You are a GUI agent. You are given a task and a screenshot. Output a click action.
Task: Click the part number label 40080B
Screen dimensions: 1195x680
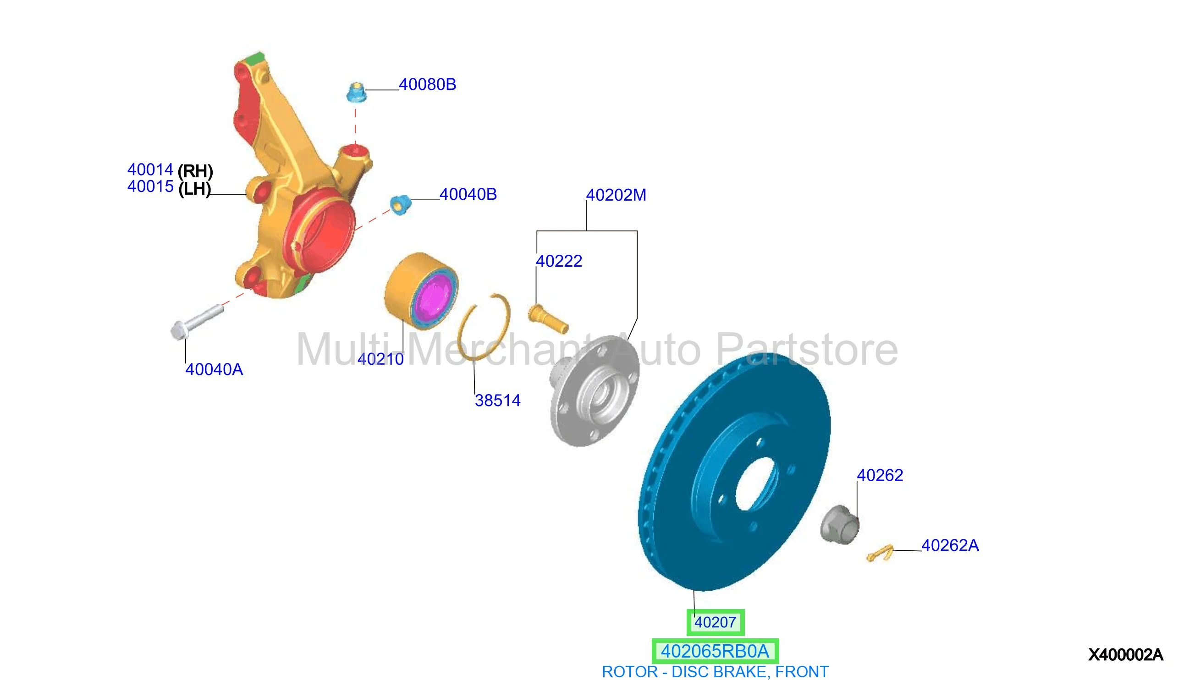[427, 84]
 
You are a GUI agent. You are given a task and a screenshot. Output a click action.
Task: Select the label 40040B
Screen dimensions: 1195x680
[468, 194]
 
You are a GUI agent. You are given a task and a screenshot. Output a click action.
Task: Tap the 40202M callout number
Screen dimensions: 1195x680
[616, 195]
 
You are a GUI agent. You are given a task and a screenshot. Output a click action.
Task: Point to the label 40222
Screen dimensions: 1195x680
[559, 261]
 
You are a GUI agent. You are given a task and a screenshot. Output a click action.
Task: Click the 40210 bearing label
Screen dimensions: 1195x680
[380, 359]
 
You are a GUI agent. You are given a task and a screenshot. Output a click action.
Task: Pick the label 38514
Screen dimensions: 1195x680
[497, 400]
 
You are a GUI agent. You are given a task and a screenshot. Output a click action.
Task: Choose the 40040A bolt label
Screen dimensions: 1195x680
[214, 370]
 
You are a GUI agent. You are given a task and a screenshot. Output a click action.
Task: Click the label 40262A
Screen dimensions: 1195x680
[950, 545]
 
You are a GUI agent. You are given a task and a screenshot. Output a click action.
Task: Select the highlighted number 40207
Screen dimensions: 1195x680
[715, 623]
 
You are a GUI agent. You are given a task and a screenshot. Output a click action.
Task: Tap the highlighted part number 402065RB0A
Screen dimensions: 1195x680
[715, 652]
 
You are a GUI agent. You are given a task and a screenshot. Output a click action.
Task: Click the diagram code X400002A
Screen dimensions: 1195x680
[1125, 655]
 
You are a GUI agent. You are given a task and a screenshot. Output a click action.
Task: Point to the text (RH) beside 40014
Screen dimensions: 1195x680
[195, 171]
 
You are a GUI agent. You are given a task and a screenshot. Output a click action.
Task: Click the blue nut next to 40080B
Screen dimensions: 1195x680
[357, 92]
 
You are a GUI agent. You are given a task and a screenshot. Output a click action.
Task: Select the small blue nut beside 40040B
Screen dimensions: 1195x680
[400, 204]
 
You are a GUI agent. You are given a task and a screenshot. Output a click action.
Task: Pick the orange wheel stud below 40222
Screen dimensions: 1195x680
[548, 318]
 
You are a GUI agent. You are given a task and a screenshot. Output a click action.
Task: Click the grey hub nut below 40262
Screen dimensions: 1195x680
[839, 525]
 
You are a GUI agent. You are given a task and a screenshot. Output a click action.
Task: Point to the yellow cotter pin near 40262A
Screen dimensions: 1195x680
[880, 553]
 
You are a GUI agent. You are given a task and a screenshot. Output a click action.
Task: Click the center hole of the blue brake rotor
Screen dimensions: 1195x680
[756, 484]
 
